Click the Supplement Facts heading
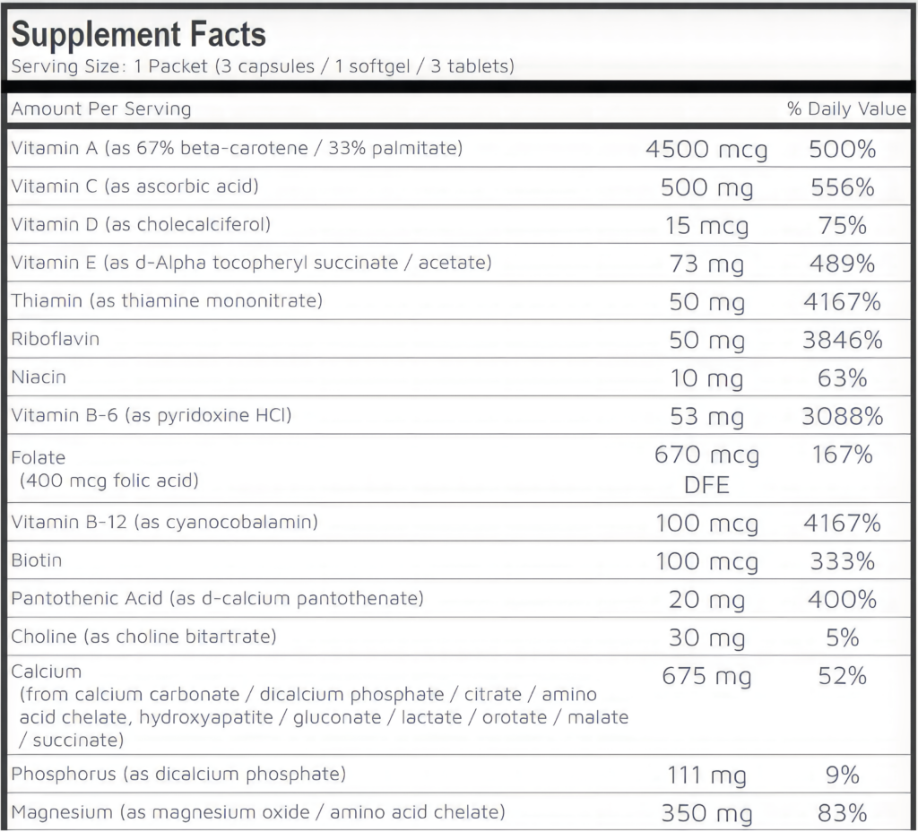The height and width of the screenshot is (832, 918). click(139, 35)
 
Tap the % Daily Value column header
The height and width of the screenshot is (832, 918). click(846, 108)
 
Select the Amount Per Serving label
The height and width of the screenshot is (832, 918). click(101, 108)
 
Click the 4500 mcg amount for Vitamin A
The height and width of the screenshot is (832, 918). click(706, 150)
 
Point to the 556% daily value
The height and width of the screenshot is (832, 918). click(843, 187)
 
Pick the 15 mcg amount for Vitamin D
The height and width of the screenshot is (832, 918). click(706, 226)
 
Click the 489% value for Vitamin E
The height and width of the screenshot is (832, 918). click(843, 264)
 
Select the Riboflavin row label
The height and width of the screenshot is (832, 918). click(55, 339)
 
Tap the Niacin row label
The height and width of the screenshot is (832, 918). click(39, 377)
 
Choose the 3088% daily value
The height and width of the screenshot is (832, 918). click(843, 416)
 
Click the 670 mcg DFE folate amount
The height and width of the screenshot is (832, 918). click(706, 470)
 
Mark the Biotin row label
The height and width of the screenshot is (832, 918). click(36, 560)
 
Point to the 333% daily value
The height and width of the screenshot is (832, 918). click(843, 561)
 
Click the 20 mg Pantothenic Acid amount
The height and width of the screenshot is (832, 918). click(706, 600)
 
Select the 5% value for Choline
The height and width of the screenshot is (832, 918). click(843, 637)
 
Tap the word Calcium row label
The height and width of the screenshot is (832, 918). click(47, 672)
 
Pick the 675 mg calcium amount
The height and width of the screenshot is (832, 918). click(706, 677)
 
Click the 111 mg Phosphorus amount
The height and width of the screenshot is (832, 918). click(706, 776)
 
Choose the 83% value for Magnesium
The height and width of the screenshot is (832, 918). click(843, 813)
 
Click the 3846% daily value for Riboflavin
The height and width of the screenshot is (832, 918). click(843, 340)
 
